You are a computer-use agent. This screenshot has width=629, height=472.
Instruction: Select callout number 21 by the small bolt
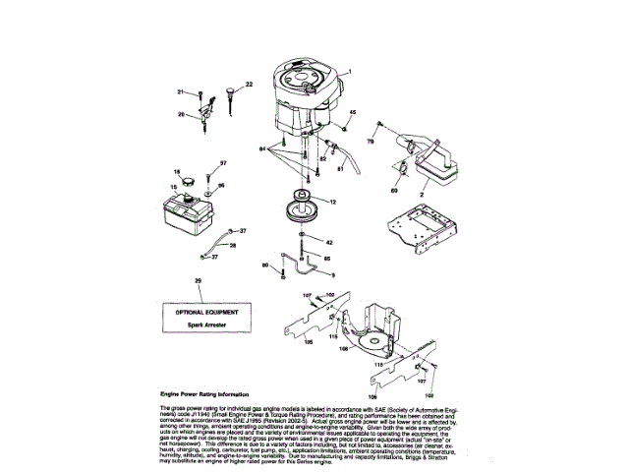click(x=181, y=91)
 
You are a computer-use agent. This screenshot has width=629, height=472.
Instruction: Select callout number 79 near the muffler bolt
click(x=371, y=143)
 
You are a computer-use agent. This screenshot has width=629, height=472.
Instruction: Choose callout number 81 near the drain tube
click(x=340, y=168)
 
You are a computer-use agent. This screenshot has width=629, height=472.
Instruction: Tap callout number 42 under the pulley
click(x=329, y=242)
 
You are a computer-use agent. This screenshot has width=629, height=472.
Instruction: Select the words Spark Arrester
click(x=200, y=324)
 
